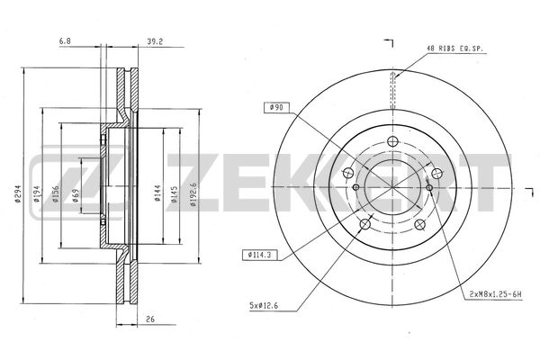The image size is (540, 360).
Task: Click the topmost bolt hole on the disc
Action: [393, 141]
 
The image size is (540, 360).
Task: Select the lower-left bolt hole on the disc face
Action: [364, 224]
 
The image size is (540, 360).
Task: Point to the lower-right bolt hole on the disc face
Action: [420, 224]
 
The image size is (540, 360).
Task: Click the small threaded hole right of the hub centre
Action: [429, 187]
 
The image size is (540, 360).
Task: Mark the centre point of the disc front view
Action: [393, 185]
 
